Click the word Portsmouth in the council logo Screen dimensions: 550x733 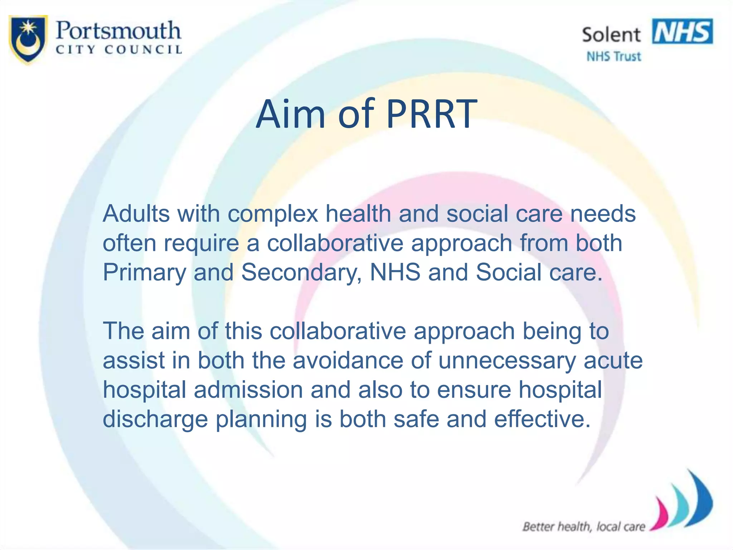118,31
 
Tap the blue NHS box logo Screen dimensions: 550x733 682,32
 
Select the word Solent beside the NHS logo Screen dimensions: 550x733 611,35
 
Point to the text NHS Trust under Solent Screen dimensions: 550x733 613,57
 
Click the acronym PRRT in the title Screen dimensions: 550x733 432,114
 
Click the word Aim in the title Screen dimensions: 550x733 290,114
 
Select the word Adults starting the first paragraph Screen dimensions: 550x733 136,214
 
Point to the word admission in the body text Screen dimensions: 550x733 248,390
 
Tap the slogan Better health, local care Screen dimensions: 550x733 583,527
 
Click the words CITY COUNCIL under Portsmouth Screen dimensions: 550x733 119,50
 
